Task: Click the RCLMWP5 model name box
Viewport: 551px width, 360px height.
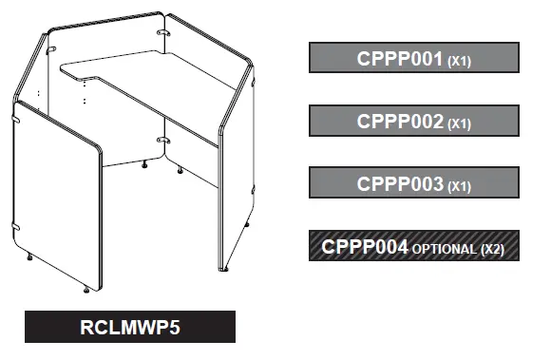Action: point(129,328)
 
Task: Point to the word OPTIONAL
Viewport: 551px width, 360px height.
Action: point(445,250)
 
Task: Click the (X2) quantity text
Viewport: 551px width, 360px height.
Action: point(493,250)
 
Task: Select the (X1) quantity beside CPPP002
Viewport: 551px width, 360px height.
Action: point(460,124)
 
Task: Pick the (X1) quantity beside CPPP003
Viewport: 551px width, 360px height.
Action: point(460,187)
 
